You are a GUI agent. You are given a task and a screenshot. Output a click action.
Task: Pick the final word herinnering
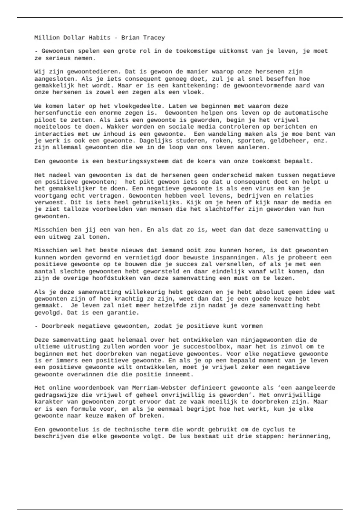309,436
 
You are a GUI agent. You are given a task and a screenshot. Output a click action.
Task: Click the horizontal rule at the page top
180,17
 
